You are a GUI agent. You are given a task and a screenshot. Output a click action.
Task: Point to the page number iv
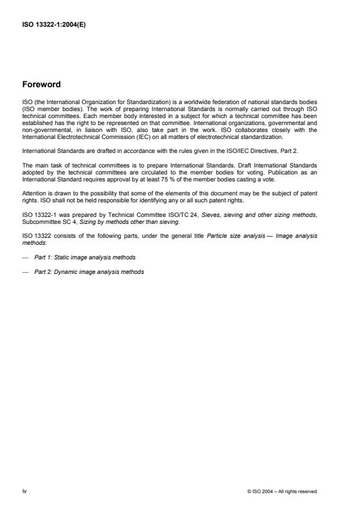pos(24,491)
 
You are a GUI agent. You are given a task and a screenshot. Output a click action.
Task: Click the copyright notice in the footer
pos(282,491)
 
